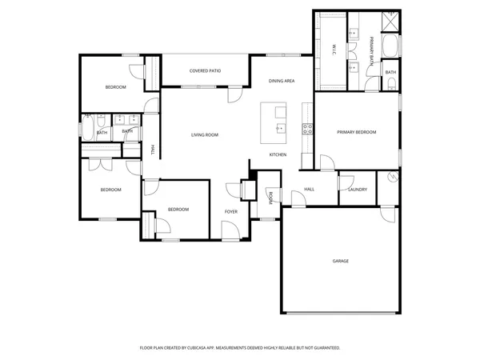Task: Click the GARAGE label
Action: (340, 261)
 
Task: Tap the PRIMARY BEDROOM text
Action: (356, 132)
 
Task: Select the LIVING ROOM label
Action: (205, 134)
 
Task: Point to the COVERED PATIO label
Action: (205, 71)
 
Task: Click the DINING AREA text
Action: (282, 81)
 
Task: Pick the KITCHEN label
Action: (278, 154)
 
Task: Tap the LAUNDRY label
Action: (358, 190)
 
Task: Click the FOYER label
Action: (231, 211)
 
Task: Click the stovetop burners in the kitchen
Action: (306, 130)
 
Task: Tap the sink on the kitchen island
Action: (280, 126)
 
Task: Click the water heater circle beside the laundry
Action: (391, 177)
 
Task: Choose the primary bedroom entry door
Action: (326, 164)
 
